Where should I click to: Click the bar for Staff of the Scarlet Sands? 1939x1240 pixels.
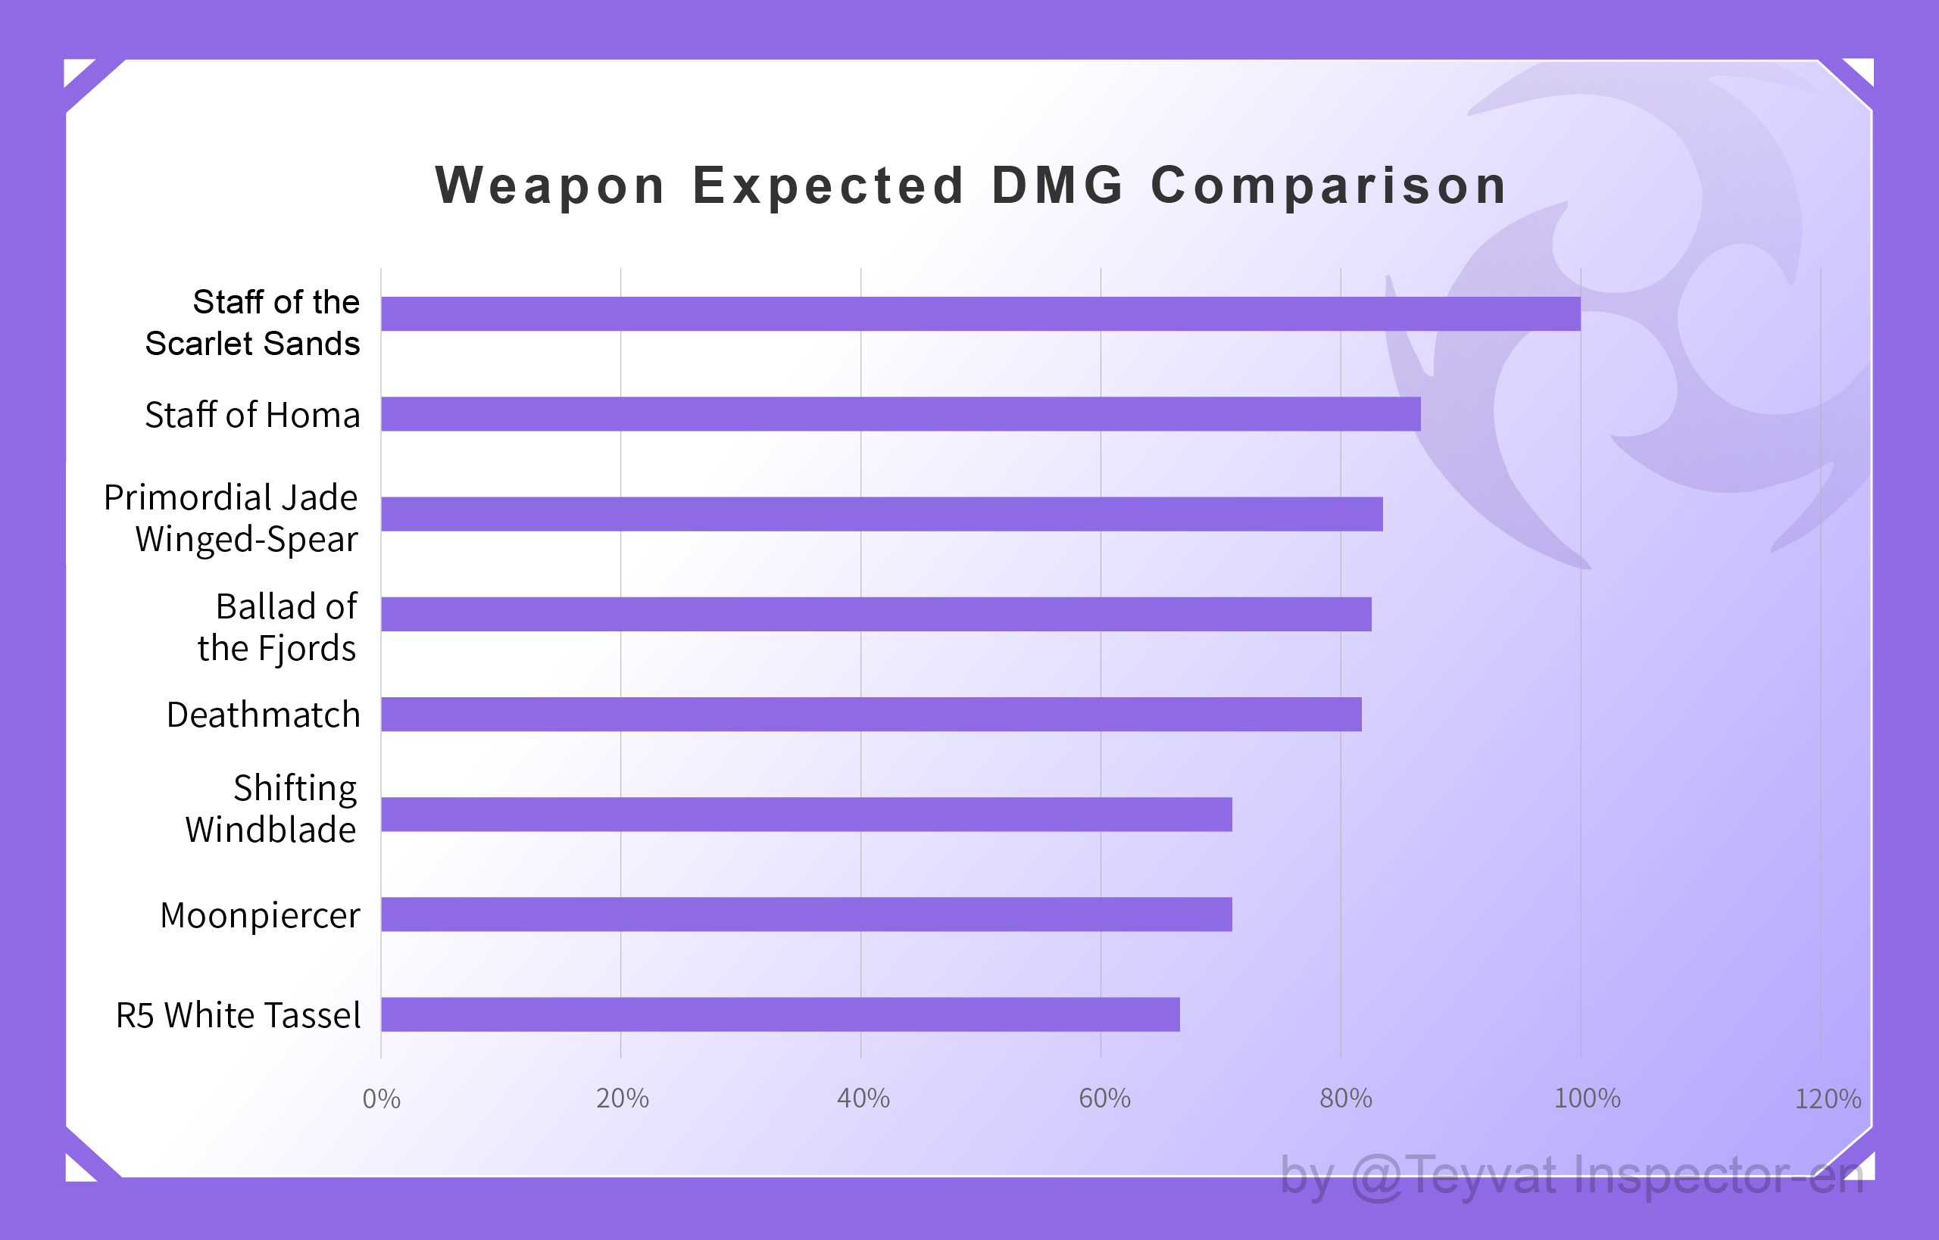pyautogui.click(x=980, y=314)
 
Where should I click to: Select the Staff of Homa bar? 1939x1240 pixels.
pyautogui.click(x=901, y=414)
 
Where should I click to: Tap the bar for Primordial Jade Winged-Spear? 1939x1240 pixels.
pyautogui.click(x=882, y=514)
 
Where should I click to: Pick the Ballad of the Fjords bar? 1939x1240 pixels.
pyautogui.click(x=876, y=615)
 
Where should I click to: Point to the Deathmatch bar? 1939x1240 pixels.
pyautogui.click(x=871, y=714)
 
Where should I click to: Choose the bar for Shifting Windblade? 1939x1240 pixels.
pyautogui.click(x=807, y=814)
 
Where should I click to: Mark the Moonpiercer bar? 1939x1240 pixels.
pyautogui.click(x=807, y=914)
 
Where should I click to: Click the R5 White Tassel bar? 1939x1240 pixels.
pyautogui.click(x=780, y=1014)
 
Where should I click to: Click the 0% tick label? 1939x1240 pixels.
pyautogui.click(x=381, y=1099)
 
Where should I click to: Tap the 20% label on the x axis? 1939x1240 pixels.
pyautogui.click(x=622, y=1099)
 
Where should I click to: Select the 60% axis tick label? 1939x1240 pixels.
pyautogui.click(x=1104, y=1099)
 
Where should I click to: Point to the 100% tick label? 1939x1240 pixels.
pyautogui.click(x=1586, y=1099)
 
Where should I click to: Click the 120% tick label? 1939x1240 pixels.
pyautogui.click(x=1827, y=1099)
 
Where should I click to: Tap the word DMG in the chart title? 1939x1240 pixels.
pyautogui.click(x=1057, y=185)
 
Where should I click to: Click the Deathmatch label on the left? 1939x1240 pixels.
pyautogui.click(x=263, y=715)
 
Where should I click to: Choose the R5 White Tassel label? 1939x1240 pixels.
pyautogui.click(x=238, y=1015)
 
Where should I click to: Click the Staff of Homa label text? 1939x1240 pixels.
pyautogui.click(x=252, y=416)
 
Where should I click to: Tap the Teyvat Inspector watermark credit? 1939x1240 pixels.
pyautogui.click(x=1571, y=1176)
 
